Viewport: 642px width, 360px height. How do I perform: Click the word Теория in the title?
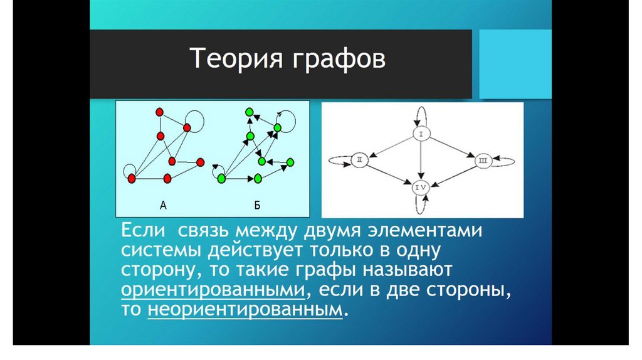coord(236,58)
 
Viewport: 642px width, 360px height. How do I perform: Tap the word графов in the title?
coord(339,60)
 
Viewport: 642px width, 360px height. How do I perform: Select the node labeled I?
coord(421,134)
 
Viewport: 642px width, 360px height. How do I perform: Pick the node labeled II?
coord(359,160)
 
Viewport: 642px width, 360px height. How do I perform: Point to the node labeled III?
coord(483,161)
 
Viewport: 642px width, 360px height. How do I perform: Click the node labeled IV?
coord(421,187)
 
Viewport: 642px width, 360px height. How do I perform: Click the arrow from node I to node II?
coord(391,147)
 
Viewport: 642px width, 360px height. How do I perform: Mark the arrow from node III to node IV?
coord(453,174)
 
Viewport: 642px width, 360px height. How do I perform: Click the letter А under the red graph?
coord(163,205)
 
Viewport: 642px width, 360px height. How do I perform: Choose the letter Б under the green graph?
coord(257,205)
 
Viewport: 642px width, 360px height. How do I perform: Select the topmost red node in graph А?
coord(160,112)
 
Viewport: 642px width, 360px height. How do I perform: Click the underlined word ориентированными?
coord(213,290)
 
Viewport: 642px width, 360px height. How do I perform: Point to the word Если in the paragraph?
coord(144,230)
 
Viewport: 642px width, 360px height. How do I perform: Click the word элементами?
coord(425,231)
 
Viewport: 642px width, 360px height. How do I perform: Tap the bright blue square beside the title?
coord(515,65)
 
